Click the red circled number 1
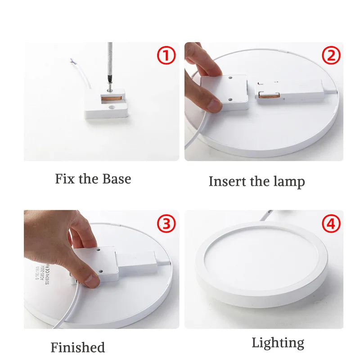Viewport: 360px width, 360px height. (x=166, y=56)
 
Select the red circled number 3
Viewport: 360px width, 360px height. (x=166, y=224)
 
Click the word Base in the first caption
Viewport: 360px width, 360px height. (x=117, y=179)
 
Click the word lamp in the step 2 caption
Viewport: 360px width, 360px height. (x=289, y=181)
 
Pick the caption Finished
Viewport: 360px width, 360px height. (x=77, y=347)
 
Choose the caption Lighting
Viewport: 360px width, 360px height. (x=278, y=343)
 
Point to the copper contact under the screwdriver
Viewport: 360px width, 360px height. (x=110, y=98)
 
